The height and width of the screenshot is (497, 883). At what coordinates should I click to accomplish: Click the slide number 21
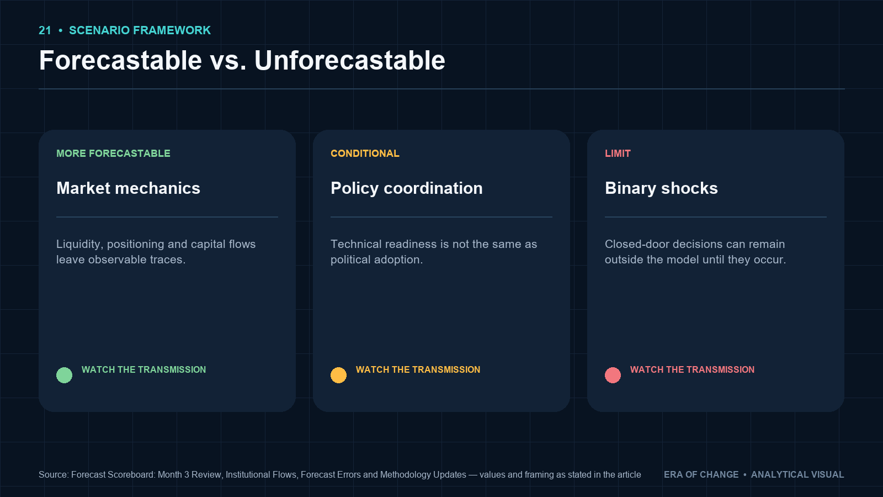click(45, 30)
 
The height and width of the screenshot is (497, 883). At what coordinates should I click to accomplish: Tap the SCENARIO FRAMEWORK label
click(140, 30)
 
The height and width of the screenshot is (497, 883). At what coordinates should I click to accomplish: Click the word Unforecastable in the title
click(350, 60)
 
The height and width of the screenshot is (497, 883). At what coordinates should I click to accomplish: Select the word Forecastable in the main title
click(121, 60)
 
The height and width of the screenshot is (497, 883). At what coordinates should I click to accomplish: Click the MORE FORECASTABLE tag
click(113, 154)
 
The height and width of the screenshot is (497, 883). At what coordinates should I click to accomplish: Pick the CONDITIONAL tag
click(365, 154)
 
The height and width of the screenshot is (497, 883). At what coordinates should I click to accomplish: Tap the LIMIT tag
click(618, 154)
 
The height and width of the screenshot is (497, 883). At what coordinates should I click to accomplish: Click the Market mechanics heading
click(128, 188)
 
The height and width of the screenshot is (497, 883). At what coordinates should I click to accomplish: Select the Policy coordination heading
click(406, 188)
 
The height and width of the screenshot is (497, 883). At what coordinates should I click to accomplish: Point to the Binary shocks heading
click(661, 188)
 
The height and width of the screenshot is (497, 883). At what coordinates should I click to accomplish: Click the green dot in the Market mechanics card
click(64, 375)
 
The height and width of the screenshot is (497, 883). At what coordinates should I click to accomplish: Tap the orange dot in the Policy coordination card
click(339, 375)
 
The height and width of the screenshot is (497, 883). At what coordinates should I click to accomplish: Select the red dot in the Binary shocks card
click(613, 375)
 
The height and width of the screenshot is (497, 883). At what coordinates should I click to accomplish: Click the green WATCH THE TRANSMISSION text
click(144, 369)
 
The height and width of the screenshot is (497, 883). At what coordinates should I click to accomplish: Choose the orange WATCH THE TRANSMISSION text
click(418, 369)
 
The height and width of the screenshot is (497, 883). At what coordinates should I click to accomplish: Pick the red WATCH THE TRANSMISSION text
click(693, 369)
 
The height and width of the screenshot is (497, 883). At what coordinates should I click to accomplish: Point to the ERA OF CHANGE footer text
click(701, 474)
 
